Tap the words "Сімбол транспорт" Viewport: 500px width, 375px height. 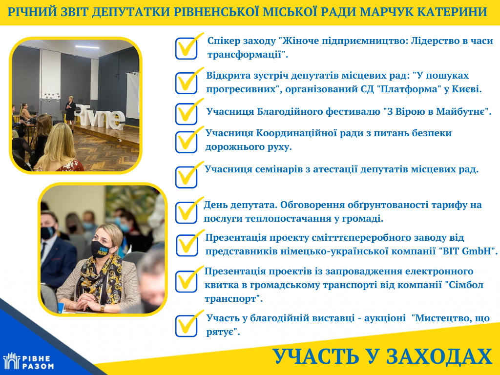344,292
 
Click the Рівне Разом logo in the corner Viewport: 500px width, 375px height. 28,361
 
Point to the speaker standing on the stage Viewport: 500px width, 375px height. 70,112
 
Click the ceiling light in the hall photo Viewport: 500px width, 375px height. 87,47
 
